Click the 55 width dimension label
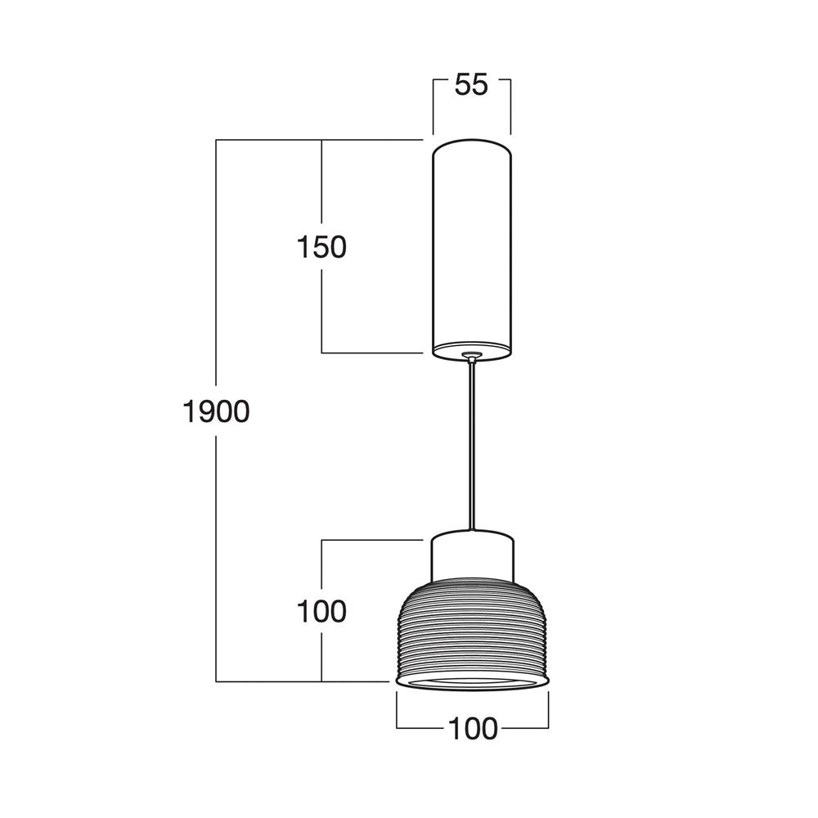471,84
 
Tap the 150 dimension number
321,246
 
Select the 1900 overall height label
215,411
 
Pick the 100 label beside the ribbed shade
321,610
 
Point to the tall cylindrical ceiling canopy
472,245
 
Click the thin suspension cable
472,450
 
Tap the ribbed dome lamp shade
472,630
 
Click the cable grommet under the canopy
472,355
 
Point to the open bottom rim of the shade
472,681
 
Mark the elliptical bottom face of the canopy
472,349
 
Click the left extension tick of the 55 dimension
433,106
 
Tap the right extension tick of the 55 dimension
510,106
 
